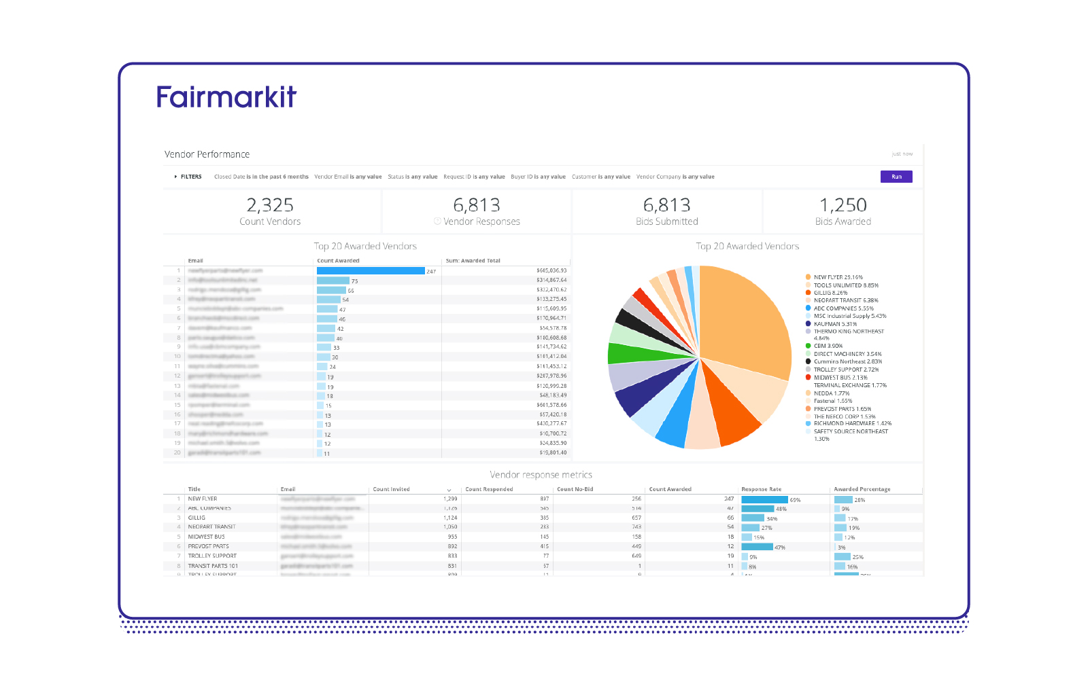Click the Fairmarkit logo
click(226, 97)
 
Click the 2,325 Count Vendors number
click(270, 205)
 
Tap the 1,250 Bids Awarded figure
click(843, 205)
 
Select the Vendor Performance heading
click(207, 154)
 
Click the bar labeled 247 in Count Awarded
click(371, 271)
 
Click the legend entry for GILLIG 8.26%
click(830, 293)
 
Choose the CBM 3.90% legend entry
click(828, 346)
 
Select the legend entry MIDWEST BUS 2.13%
click(840, 378)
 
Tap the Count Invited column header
click(391, 489)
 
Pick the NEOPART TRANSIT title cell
click(211, 527)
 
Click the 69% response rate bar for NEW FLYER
click(764, 500)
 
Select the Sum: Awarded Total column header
click(473, 261)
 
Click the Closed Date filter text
click(261, 177)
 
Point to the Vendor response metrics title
click(541, 475)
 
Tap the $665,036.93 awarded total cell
click(551, 270)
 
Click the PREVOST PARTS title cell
click(208, 546)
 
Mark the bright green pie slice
click(632, 353)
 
